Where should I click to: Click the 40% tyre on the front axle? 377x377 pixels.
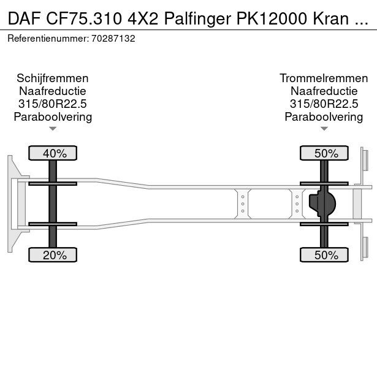tap(53, 153)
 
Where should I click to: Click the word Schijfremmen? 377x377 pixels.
tap(53, 78)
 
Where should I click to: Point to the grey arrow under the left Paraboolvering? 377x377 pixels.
tap(53, 129)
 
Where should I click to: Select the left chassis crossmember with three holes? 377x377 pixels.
tap(243, 203)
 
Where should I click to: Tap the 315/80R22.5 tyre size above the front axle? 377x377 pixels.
tap(53, 104)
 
